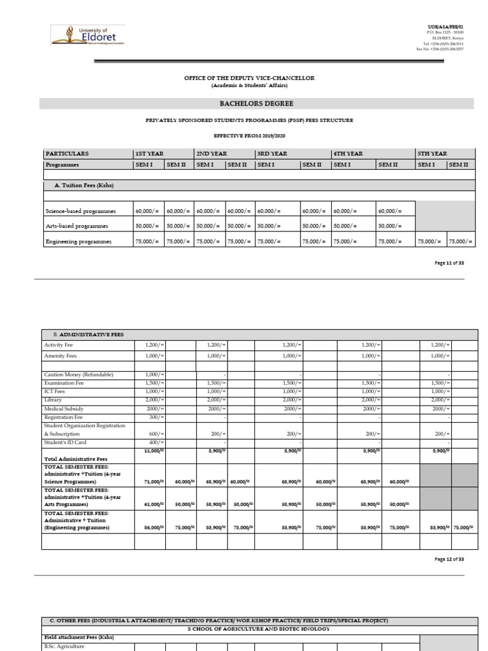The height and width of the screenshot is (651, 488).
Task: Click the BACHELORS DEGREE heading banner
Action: (x=257, y=104)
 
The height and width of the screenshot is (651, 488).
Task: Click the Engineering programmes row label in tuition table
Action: (x=78, y=242)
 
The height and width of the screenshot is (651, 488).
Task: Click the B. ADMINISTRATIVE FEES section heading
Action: (x=84, y=334)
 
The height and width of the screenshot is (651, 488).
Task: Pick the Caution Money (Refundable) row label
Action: (x=79, y=375)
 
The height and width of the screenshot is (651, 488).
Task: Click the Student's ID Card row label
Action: (x=65, y=442)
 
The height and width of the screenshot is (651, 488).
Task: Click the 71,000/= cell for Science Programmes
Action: (x=154, y=482)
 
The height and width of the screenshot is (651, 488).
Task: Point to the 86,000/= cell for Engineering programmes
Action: (x=154, y=526)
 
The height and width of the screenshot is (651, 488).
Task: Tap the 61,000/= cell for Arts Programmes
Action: (x=154, y=504)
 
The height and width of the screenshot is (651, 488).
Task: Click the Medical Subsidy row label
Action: (x=64, y=409)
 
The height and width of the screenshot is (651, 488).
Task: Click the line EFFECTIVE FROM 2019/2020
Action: (x=256, y=136)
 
